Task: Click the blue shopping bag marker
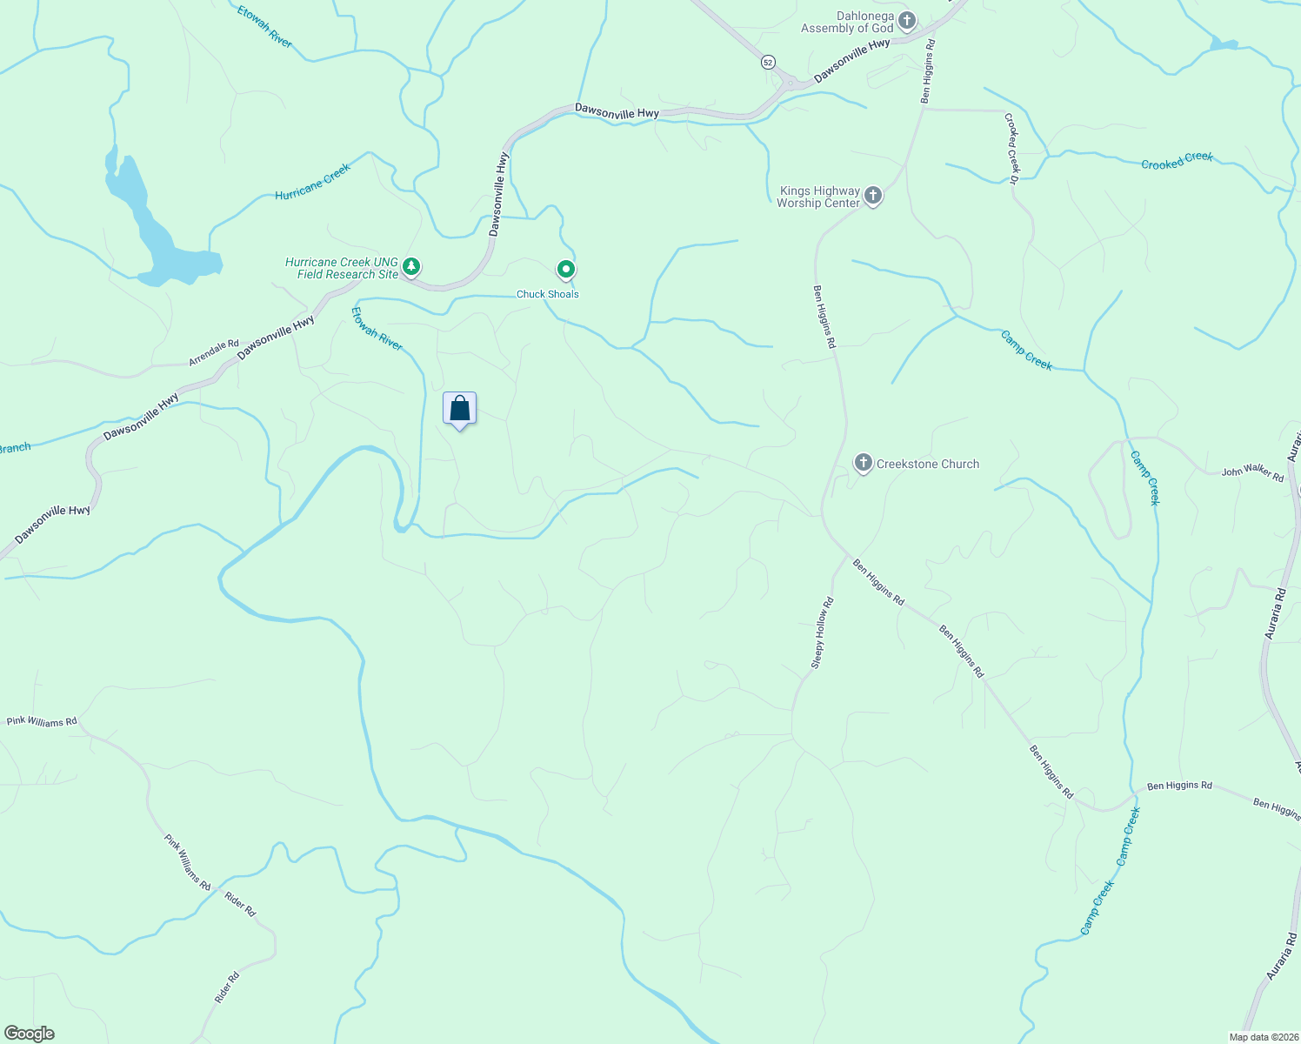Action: tap(459, 409)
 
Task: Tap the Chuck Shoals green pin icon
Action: tap(566, 270)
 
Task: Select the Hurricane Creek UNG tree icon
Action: tap(411, 266)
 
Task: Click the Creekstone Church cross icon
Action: tap(863, 463)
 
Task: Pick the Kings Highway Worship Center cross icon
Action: tap(873, 196)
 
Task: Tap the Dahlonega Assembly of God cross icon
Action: tap(907, 21)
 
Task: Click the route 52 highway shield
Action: tap(767, 62)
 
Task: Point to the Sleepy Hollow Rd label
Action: tap(822, 632)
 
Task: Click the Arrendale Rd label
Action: tap(214, 352)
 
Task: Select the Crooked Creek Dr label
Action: tap(1011, 148)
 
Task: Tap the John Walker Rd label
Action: tap(1252, 473)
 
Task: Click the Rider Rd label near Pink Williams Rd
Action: tap(240, 904)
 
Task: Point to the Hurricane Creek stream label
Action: tap(312, 182)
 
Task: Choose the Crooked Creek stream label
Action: tap(1177, 161)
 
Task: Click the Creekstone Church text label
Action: tap(927, 464)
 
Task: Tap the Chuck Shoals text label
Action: tap(548, 294)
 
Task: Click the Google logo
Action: tap(30, 1034)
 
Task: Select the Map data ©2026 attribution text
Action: tap(1262, 1037)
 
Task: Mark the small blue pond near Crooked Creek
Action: tap(1224, 43)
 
